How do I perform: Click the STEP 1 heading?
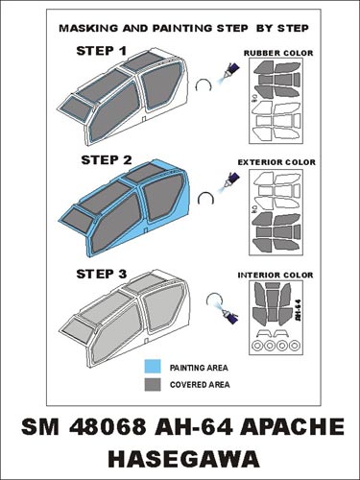pyautogui.click(x=101, y=51)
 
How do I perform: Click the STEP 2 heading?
pyautogui.click(x=107, y=160)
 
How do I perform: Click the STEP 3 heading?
pyautogui.click(x=102, y=274)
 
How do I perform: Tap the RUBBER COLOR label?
pyautogui.click(x=278, y=53)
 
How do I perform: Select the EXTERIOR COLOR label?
pyautogui.click(x=276, y=162)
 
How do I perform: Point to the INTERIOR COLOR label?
pyautogui.click(x=276, y=275)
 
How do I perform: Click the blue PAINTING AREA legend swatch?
pyautogui.click(x=153, y=367)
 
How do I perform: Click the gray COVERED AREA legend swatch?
pyautogui.click(x=153, y=384)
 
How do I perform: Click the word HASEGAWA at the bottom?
pyautogui.click(x=184, y=459)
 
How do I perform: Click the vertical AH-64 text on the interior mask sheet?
pyautogui.click(x=298, y=307)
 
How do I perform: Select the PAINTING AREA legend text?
pyautogui.click(x=199, y=368)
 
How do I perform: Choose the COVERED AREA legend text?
pyautogui.click(x=200, y=384)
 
